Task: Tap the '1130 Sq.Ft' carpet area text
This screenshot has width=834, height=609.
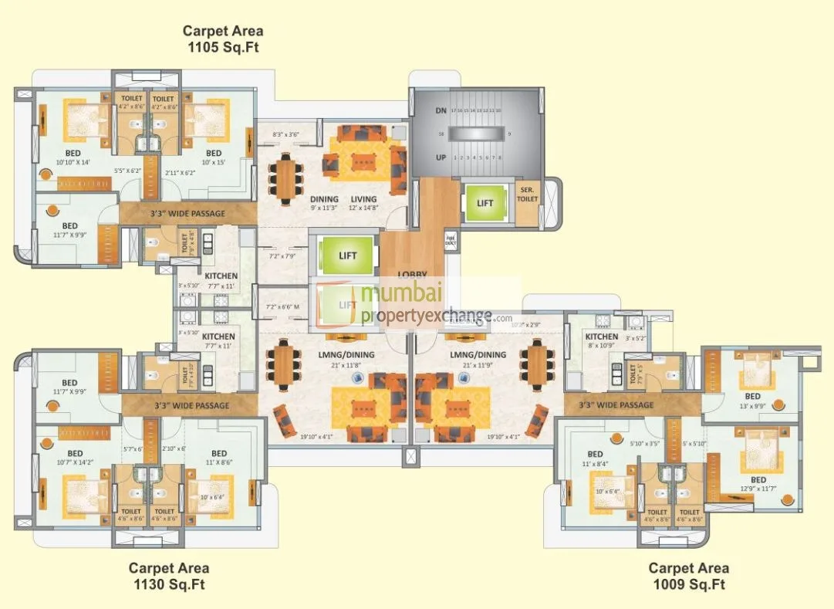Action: tap(167, 584)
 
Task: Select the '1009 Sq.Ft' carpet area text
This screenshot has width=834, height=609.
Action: tap(687, 584)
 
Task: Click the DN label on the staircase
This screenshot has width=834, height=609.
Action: tap(441, 111)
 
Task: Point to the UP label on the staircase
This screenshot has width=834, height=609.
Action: tap(441, 157)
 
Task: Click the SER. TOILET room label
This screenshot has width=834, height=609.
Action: tap(528, 195)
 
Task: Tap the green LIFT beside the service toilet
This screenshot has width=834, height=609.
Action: tap(485, 203)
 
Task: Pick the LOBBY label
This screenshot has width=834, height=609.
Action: tap(413, 275)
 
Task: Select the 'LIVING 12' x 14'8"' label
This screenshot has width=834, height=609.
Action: tap(363, 203)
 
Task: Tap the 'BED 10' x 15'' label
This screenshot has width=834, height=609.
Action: tap(213, 157)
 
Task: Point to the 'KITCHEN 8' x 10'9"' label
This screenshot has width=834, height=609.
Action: tap(601, 341)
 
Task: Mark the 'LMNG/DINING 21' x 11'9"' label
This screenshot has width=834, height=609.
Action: tap(478, 359)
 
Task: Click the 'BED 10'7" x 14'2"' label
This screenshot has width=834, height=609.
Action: tap(75, 458)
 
